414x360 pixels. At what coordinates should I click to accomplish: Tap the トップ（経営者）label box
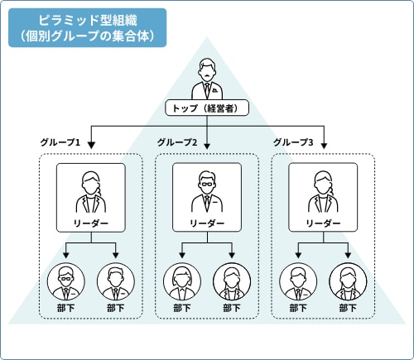pos(206,108)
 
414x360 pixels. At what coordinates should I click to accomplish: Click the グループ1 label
pos(60,143)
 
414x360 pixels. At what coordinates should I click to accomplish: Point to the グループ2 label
pos(176,143)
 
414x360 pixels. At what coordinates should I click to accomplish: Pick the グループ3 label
pos(293,143)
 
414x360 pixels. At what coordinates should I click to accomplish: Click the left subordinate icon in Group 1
pos(65,282)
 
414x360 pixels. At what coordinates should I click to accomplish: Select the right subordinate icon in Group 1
pos(115,282)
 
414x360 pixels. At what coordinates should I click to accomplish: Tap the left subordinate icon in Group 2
pos(181,282)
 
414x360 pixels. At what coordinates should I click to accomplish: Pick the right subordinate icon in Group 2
pos(231,282)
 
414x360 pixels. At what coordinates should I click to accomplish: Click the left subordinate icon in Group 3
pos(297,282)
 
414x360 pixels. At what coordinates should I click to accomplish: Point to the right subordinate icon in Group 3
pos(347,282)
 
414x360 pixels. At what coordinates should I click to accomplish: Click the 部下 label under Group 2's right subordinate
pos(231,309)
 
